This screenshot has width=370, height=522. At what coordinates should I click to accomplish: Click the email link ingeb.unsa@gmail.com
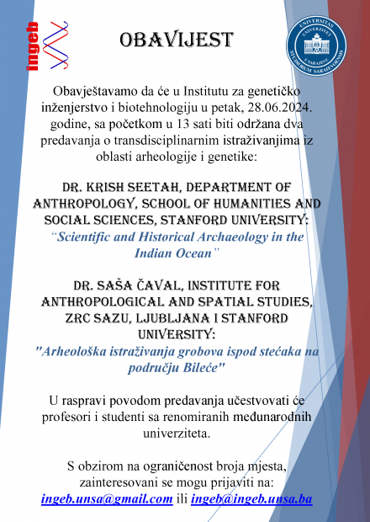coord(107,499)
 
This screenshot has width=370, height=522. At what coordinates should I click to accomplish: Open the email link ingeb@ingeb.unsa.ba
coord(251,499)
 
